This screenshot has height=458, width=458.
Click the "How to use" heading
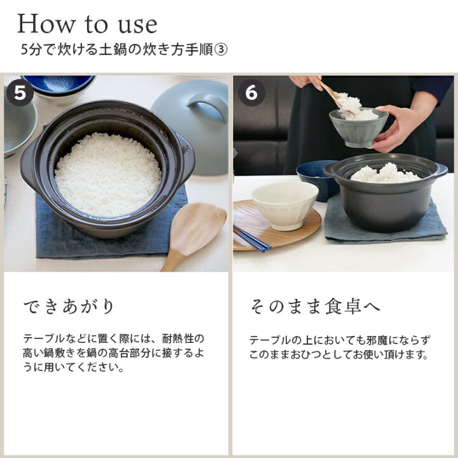pyautogui.click(x=87, y=24)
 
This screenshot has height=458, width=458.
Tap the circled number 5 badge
pyautogui.click(x=20, y=93)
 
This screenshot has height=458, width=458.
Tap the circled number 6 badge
pyautogui.click(x=251, y=93)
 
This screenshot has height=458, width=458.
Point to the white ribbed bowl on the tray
pyautogui.click(x=284, y=205)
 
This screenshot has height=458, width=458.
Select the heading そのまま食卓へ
pyautogui.click(x=315, y=307)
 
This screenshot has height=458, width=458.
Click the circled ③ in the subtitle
pyautogui.click(x=221, y=50)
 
